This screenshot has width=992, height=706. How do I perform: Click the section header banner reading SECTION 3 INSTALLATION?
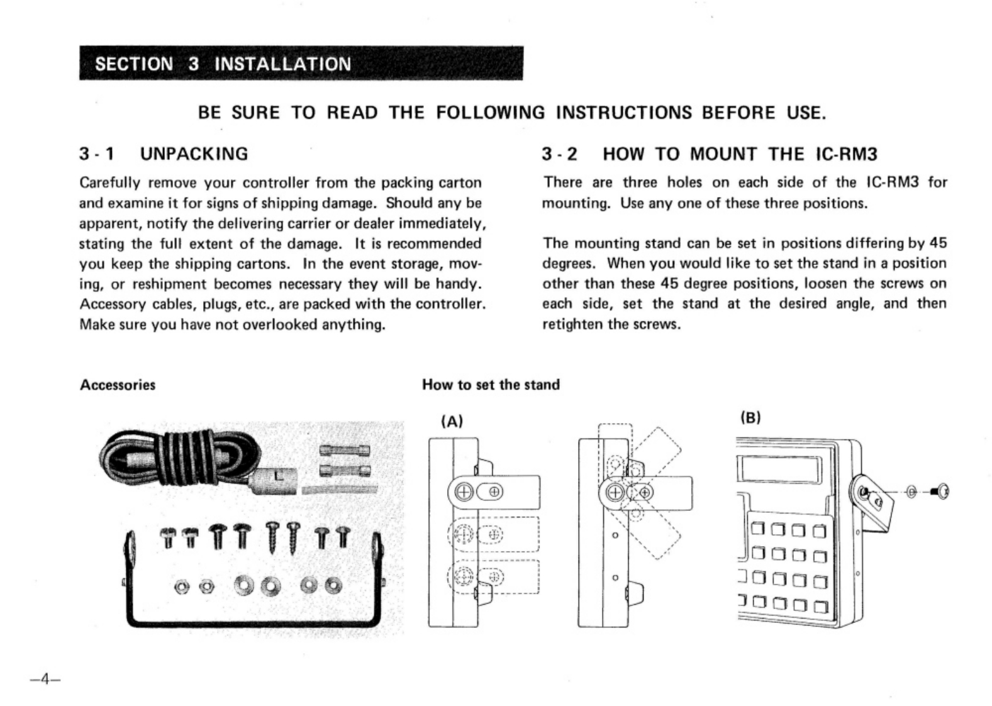tap(301, 64)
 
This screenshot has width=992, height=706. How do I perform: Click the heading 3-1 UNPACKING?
tap(164, 154)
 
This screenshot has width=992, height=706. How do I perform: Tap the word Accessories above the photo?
tap(118, 385)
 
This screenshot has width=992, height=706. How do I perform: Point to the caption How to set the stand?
tap(491, 385)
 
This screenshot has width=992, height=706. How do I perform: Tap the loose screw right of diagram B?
tap(941, 492)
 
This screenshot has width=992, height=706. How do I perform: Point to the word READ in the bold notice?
tap(352, 113)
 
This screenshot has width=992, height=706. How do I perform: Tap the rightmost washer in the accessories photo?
tap(333, 585)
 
